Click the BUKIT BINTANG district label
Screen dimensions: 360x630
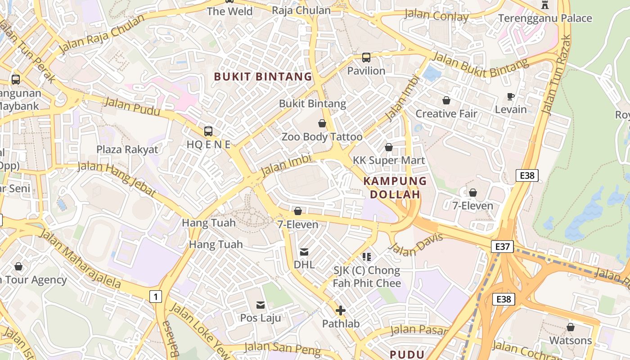pos(263,76)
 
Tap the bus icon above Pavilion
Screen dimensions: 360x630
pos(366,58)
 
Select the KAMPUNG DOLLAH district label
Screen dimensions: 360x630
pos(395,188)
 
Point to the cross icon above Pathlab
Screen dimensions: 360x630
pos(341,310)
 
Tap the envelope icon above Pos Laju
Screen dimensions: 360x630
pos(261,305)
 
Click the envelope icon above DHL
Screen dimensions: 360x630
pos(304,252)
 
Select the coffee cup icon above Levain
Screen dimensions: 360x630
pos(511,96)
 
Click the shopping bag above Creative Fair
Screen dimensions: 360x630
pos(446,100)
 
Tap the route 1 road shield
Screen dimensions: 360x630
pos(155,297)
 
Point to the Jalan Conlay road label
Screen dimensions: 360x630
pos(436,16)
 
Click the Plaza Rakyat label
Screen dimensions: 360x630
pos(127,149)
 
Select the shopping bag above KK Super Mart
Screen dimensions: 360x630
pos(389,147)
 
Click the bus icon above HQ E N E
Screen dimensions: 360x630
pos(208,131)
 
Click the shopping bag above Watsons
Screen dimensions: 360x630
pos(571,327)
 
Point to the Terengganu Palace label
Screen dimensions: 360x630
pos(545,18)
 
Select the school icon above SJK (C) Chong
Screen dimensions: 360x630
pos(367,257)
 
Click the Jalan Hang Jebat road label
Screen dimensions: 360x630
pos(117,179)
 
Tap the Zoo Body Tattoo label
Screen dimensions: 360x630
pos(322,137)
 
